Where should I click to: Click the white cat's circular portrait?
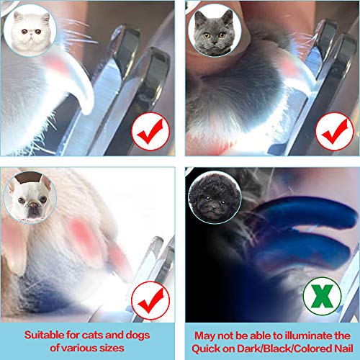point(29,30)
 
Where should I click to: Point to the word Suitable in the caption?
point(44,334)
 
